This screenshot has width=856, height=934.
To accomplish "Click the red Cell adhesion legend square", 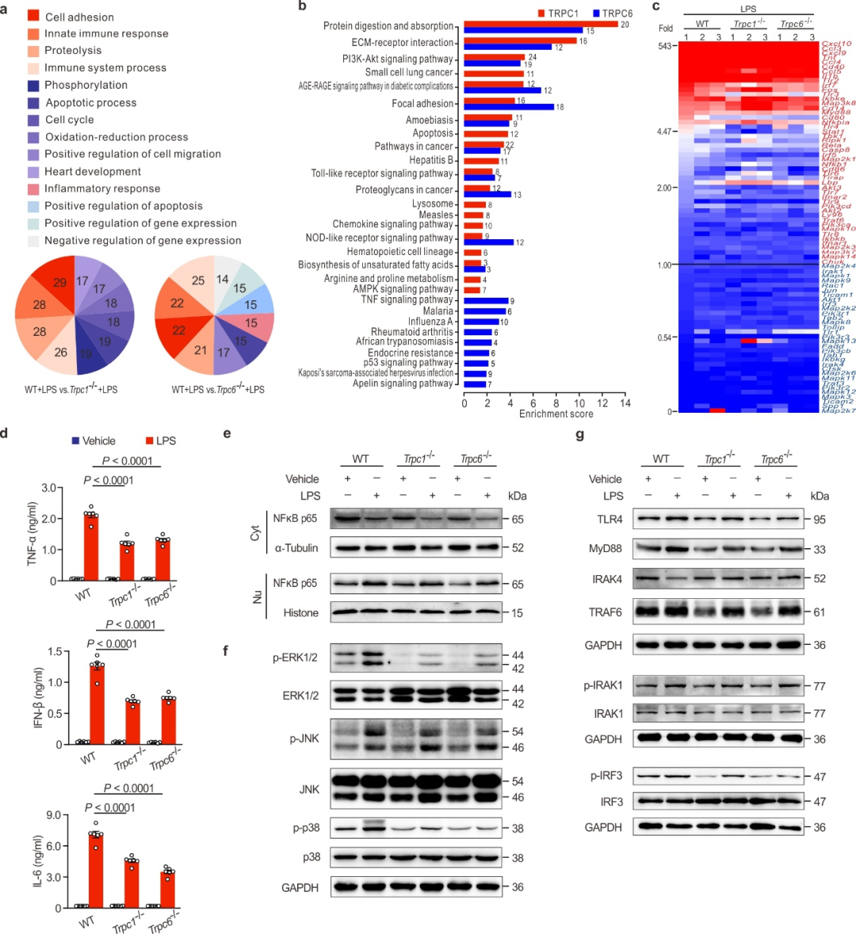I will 33,16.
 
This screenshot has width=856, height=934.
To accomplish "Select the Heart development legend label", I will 93,171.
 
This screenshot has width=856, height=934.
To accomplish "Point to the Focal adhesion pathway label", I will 422,104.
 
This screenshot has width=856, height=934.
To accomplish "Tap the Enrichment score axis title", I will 556,414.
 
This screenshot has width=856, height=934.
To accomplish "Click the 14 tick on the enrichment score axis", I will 625,403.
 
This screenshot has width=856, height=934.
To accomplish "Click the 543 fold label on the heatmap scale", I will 664,46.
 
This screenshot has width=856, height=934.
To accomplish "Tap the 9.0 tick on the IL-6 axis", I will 53,815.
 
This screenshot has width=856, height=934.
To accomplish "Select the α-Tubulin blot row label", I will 296,547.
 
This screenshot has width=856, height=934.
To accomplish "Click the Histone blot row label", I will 300,612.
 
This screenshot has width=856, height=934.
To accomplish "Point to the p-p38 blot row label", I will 305,828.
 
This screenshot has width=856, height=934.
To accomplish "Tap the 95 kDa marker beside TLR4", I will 820,520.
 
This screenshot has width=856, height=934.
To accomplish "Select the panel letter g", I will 580,435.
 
